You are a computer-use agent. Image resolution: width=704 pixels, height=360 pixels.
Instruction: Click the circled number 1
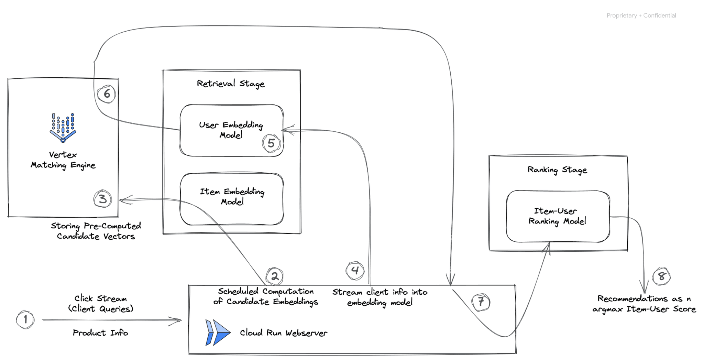[25, 320]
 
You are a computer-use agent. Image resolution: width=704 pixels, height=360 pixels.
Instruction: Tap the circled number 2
[274, 276]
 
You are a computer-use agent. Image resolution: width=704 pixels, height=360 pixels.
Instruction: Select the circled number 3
[102, 199]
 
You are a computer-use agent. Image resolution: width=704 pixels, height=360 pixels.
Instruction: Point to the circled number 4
[355, 270]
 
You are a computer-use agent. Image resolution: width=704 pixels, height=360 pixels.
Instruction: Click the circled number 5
[271, 143]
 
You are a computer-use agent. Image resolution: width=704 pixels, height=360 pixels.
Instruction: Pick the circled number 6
[107, 94]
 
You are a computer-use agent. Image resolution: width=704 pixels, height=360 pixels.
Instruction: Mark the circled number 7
[481, 302]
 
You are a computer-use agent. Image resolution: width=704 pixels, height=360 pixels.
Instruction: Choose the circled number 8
[661, 276]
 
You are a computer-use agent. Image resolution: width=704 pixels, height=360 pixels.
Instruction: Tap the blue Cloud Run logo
[217, 332]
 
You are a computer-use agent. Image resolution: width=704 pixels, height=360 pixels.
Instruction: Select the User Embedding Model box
[231, 130]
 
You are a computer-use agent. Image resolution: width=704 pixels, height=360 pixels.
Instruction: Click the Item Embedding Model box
[231, 199]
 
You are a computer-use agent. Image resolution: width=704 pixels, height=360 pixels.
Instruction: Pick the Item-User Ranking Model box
[558, 216]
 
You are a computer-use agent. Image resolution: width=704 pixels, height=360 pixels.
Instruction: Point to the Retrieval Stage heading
[231, 84]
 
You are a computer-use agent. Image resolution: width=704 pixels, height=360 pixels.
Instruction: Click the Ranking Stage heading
[557, 170]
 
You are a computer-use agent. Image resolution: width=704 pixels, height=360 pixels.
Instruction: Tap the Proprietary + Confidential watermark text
[641, 15]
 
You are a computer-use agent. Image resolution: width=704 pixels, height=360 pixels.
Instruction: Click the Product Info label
[100, 333]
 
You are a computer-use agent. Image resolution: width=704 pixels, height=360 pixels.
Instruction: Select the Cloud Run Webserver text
[284, 333]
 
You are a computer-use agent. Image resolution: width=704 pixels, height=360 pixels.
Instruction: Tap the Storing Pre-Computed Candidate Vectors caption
[96, 231]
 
